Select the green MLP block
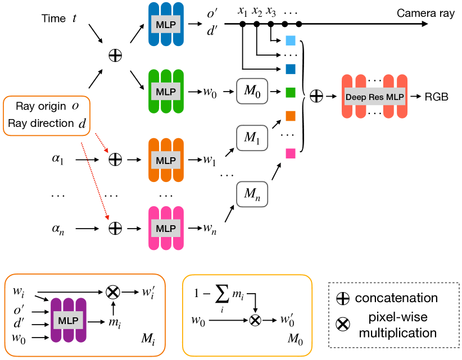point(166,91)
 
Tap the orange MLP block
point(166,160)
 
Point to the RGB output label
point(437,97)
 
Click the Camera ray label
point(418,13)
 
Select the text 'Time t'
point(59,19)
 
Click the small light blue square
point(291,40)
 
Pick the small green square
point(291,91)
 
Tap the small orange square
point(291,116)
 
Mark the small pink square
point(291,153)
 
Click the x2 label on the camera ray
point(257,11)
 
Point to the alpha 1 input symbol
point(58,160)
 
